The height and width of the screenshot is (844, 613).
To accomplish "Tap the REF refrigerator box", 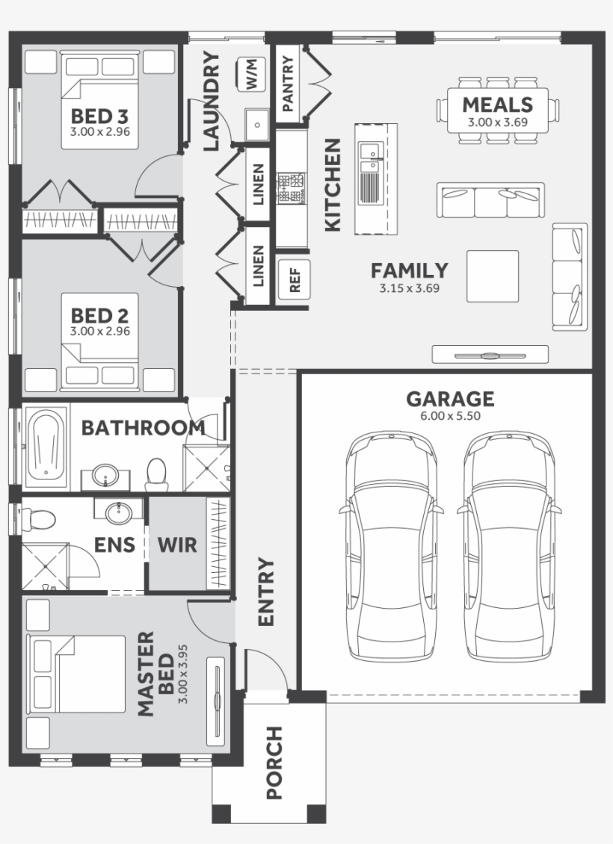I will [x=294, y=279].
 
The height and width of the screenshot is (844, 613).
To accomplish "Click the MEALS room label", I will [x=497, y=105].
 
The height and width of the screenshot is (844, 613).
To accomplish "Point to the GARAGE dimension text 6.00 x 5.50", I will [x=449, y=416].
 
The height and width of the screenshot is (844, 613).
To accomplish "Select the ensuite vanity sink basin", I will [x=117, y=512].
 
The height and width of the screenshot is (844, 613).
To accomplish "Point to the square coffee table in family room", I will [x=493, y=276].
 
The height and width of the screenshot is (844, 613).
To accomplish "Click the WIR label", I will [x=177, y=544].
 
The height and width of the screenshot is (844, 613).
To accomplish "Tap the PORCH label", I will [x=275, y=762].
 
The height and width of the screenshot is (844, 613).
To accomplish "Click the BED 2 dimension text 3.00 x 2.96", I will [x=100, y=331].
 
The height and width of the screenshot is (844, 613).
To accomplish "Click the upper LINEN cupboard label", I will [x=258, y=184].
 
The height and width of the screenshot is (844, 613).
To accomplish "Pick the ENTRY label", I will [x=266, y=592].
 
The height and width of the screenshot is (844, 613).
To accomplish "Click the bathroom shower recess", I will [x=207, y=468].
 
